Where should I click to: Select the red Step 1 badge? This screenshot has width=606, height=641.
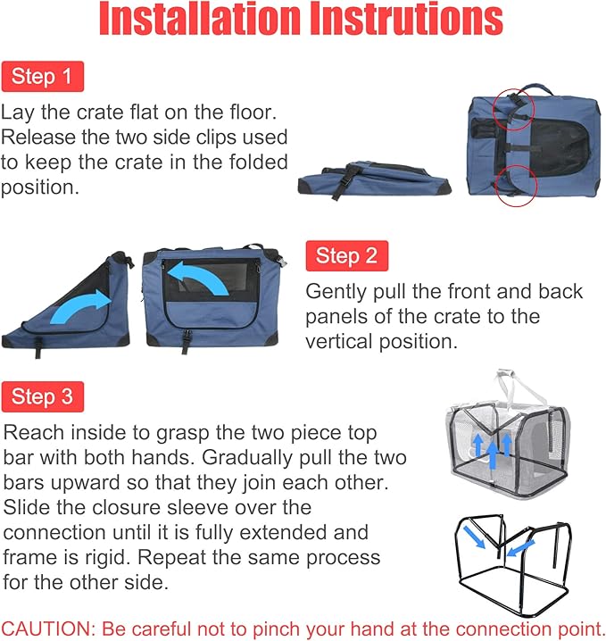click(x=42, y=77)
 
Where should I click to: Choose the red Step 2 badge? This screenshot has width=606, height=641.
click(x=346, y=256)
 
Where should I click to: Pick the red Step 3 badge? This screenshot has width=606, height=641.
click(x=42, y=396)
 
